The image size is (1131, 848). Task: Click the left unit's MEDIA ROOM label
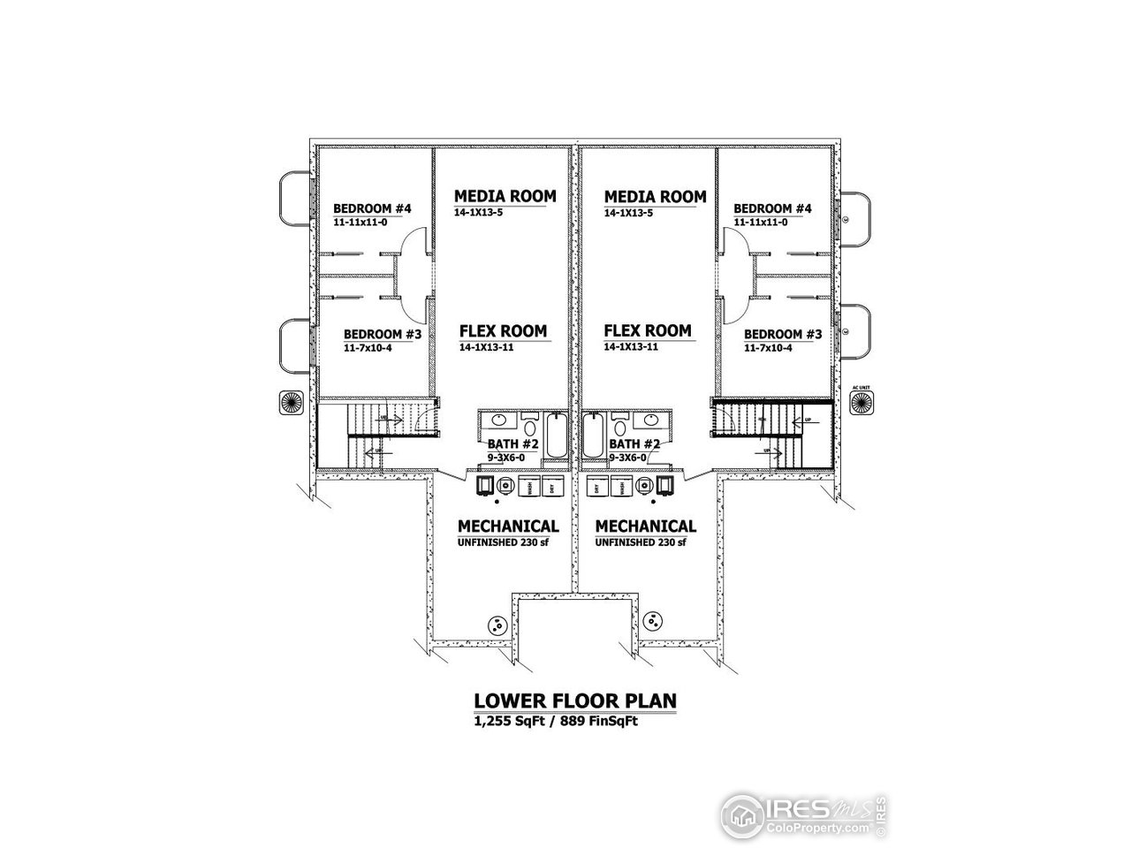(x=505, y=195)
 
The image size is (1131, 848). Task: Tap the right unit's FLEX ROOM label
(x=648, y=331)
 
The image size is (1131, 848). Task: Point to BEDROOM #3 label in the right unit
(x=783, y=335)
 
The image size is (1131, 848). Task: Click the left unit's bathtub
(x=556, y=435)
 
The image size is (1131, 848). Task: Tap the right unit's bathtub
(x=594, y=435)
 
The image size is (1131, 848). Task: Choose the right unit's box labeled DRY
(x=597, y=486)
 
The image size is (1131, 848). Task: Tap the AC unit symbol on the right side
(x=860, y=403)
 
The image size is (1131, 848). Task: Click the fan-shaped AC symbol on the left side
(x=292, y=401)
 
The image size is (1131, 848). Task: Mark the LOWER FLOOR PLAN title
(x=575, y=700)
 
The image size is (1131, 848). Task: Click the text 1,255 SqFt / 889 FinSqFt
(x=557, y=721)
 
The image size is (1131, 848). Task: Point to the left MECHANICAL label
(x=507, y=526)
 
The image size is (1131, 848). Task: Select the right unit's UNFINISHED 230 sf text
(x=641, y=542)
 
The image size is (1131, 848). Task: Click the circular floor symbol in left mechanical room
(x=497, y=625)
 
